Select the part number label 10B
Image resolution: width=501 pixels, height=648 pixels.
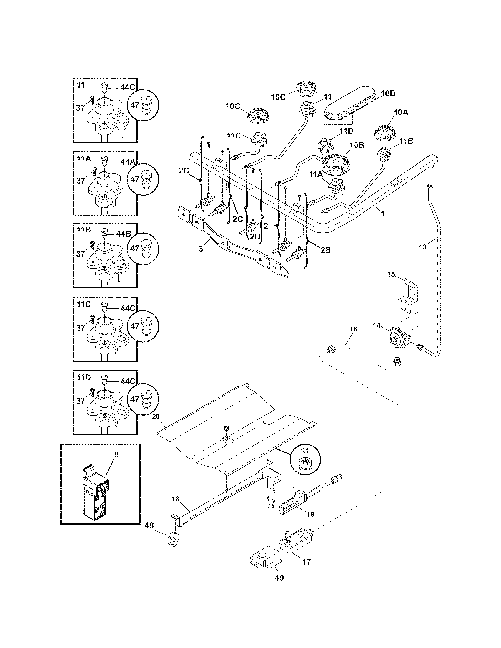(357, 145)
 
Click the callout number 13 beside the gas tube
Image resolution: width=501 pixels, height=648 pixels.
(422, 247)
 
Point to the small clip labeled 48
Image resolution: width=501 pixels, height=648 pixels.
(174, 538)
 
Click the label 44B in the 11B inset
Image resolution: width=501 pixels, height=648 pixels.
(123, 234)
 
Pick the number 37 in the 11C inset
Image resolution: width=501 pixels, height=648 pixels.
(80, 328)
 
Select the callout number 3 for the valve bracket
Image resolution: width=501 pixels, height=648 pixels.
(201, 249)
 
